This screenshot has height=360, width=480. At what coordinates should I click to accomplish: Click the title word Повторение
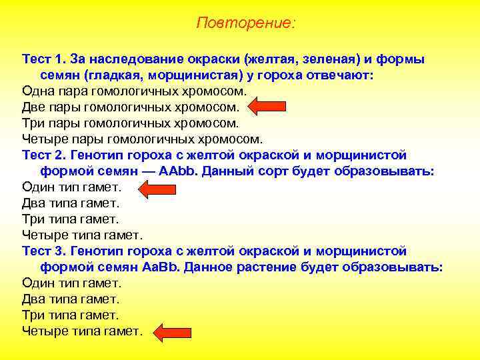point(245,23)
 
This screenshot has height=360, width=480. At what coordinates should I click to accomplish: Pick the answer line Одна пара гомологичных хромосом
point(134,91)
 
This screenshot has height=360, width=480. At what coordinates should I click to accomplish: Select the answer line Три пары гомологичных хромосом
point(130,123)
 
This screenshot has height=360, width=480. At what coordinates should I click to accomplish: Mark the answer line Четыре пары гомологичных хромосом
point(142,139)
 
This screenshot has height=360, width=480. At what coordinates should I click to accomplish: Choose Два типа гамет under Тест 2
point(71,203)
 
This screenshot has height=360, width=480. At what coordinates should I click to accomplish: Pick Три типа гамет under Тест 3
point(71,315)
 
